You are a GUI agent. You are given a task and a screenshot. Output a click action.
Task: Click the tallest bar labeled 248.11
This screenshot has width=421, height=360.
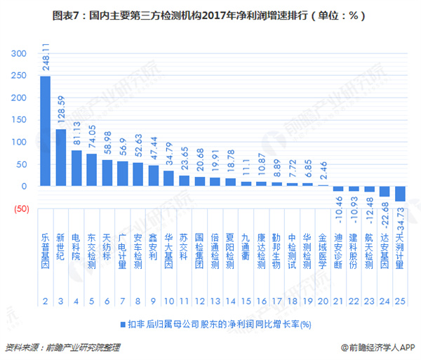coord(45,131)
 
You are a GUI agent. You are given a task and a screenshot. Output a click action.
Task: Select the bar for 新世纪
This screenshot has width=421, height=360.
coord(60,157)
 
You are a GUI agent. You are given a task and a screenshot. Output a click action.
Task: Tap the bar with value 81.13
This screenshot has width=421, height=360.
coord(76,168)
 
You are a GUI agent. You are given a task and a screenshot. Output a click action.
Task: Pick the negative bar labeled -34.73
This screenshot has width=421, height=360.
coord(400,194)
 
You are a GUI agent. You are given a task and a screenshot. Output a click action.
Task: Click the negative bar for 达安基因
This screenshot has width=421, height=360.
coord(385,191)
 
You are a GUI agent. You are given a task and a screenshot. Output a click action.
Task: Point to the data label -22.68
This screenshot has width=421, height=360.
coord(385,213)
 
